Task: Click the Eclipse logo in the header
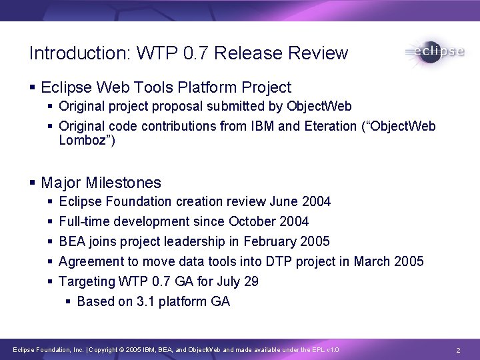434,53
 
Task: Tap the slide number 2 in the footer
458,350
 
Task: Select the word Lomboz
83,140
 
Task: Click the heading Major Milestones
101,182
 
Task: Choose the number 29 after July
251,281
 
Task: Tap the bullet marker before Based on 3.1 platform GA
69,302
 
